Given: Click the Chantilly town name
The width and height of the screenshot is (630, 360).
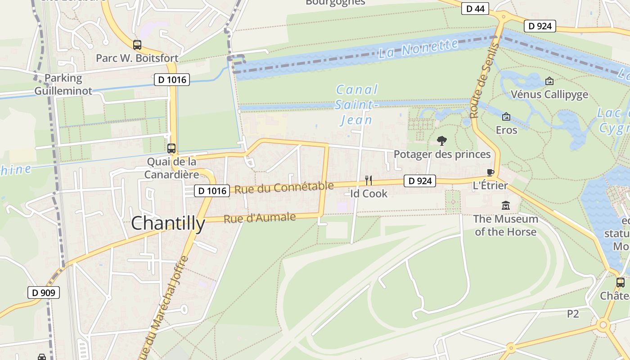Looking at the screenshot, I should pyautogui.click(x=168, y=223).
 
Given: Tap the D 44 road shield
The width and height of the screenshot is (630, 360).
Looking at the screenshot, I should pyautogui.click(x=475, y=9).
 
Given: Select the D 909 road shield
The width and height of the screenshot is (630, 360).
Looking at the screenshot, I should pyautogui.click(x=43, y=292).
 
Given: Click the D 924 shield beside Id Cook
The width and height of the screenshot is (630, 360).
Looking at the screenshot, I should pyautogui.click(x=420, y=181).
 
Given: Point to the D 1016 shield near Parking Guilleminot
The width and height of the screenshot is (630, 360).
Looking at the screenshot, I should pyautogui.click(x=171, y=80).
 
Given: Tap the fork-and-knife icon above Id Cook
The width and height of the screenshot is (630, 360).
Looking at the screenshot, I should pyautogui.click(x=368, y=180).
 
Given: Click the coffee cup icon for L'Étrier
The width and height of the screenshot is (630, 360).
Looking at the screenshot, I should pyautogui.click(x=490, y=173).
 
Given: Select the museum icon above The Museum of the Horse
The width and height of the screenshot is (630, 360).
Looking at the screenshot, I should pyautogui.click(x=506, y=206).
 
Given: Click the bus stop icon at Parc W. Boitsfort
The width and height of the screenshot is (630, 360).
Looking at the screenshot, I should pyautogui.click(x=137, y=45).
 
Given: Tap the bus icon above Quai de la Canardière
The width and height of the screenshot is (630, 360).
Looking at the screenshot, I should pyautogui.click(x=171, y=148).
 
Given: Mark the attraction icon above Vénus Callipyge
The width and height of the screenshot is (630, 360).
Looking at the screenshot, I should pyautogui.click(x=549, y=81).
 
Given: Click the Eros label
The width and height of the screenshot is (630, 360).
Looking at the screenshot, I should pyautogui.click(x=506, y=130).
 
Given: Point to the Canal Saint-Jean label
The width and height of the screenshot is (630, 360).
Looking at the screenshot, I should pyautogui.click(x=356, y=105).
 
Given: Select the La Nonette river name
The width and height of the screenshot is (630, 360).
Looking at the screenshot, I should pyautogui.click(x=418, y=48).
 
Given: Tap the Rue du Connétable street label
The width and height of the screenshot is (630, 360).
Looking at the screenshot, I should pyautogui.click(x=284, y=188).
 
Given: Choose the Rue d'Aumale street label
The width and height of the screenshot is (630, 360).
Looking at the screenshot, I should pyautogui.click(x=260, y=218).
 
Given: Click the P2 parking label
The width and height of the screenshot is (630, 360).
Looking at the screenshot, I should pyautogui.click(x=572, y=314).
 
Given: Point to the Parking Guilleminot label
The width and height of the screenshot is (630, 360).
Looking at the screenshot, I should pyautogui.click(x=63, y=84).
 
